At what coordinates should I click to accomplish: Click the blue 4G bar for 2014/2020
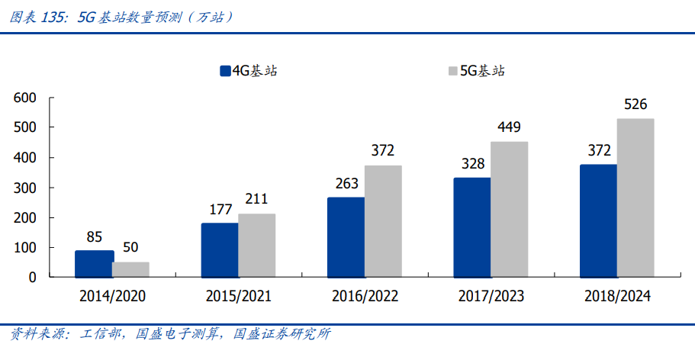coord(94,264)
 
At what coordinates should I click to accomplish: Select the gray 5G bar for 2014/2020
coord(130,269)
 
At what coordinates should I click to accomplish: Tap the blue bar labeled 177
coord(220,250)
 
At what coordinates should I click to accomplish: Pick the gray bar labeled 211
coord(256,246)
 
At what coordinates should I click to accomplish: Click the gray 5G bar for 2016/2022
coord(383,221)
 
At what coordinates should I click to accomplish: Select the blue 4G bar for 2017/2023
coord(472,227)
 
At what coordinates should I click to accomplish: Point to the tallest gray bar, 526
coord(635,198)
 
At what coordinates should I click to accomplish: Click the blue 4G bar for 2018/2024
coord(598,221)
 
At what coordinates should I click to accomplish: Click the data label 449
coord(509,127)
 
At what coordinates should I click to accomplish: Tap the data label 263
coord(346,183)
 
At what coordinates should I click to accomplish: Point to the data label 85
coord(94,236)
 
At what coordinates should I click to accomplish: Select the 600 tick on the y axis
coord(25,98)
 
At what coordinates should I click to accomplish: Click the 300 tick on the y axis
coord(25,188)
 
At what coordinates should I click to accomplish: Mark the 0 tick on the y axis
coord(33,278)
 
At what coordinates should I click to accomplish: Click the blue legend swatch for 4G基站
coord(225,71)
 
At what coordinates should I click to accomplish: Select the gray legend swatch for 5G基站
coord(452,71)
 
